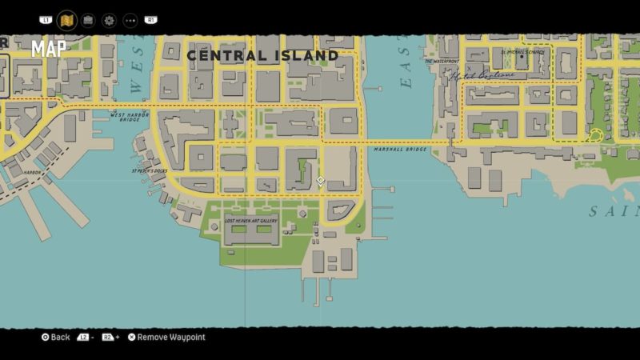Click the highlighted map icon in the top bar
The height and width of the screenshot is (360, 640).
(x=67, y=19)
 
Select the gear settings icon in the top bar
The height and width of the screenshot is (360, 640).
(x=109, y=20)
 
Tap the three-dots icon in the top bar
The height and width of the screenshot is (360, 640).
(x=130, y=20)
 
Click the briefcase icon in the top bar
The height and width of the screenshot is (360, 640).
(x=88, y=20)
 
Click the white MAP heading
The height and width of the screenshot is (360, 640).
(x=49, y=49)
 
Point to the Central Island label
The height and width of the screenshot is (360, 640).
(x=262, y=55)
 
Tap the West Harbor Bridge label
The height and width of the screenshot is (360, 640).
(x=130, y=115)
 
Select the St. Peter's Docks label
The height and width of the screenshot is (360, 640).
(x=149, y=170)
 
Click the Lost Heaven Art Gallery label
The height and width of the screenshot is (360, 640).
(x=252, y=220)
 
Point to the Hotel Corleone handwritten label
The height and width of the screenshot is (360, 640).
(x=481, y=76)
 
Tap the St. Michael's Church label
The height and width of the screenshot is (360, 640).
(x=523, y=52)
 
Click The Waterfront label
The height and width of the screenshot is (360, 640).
(x=442, y=61)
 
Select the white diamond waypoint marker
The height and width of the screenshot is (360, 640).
(x=320, y=181)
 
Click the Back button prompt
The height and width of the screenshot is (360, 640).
(x=56, y=338)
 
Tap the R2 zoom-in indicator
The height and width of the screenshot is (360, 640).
(x=110, y=338)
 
